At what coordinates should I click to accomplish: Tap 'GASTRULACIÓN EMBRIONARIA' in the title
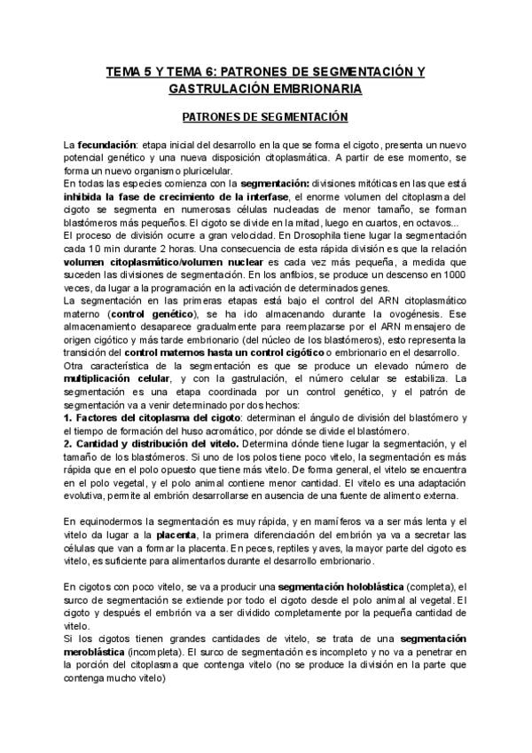coord(265,90)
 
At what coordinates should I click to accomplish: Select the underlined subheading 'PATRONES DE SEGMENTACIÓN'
coord(264,117)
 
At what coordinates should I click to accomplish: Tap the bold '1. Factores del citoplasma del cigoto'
coord(145,417)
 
